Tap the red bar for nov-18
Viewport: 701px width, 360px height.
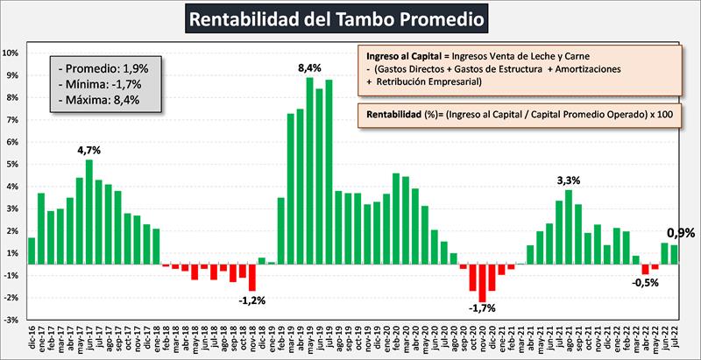[251, 277]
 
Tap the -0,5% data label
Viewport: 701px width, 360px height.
[646, 282]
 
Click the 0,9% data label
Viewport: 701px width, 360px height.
[681, 233]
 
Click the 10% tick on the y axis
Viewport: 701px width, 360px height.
[11, 53]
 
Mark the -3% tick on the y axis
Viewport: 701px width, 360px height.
[11, 321]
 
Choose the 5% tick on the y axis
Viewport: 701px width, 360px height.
[11, 164]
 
